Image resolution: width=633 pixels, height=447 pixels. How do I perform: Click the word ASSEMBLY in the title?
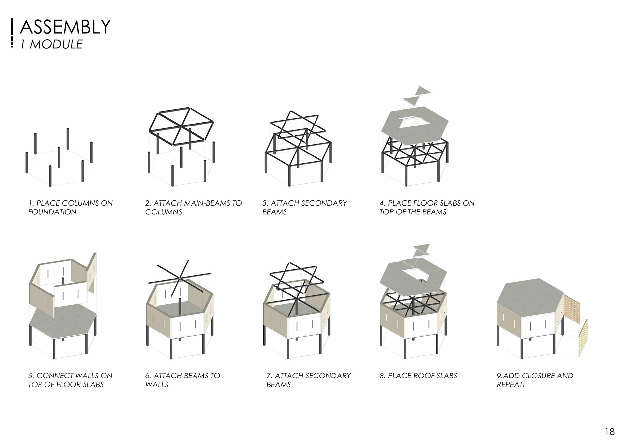click(x=65, y=27)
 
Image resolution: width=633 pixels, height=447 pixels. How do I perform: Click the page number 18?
click(x=610, y=432)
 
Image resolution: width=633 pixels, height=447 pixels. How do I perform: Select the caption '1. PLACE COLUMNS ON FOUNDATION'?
click(x=70, y=208)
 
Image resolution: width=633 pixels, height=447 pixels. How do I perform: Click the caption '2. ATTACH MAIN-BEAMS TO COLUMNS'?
click(x=193, y=208)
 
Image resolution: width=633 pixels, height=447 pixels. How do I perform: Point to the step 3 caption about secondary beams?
click(x=304, y=208)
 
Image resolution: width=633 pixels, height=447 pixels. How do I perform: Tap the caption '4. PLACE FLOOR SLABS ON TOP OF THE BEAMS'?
click(x=427, y=208)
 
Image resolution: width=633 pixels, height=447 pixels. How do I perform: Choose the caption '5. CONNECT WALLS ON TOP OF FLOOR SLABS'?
click(x=70, y=380)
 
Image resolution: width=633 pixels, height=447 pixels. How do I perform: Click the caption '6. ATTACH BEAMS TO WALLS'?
click(x=182, y=380)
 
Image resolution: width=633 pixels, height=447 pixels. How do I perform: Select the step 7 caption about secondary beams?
click(x=309, y=380)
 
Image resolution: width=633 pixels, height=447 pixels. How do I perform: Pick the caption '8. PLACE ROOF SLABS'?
click(x=418, y=376)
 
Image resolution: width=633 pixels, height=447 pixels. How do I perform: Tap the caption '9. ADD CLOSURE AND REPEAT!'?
click(x=535, y=380)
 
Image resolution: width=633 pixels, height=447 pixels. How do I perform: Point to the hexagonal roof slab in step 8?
click(x=396, y=280)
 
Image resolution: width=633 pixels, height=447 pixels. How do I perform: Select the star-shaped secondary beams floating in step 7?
click(x=297, y=277)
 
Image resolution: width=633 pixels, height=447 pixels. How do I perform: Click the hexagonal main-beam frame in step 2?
click(x=181, y=126)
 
